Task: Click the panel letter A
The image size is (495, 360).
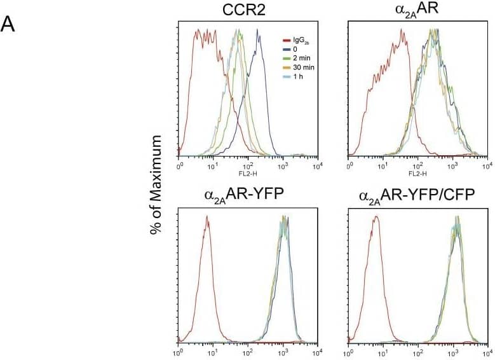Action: [x=8, y=24]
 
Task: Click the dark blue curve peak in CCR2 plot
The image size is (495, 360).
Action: [x=258, y=36]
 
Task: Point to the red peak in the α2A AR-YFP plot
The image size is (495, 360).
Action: [x=207, y=217]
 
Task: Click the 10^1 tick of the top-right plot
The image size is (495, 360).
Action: [x=383, y=165]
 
